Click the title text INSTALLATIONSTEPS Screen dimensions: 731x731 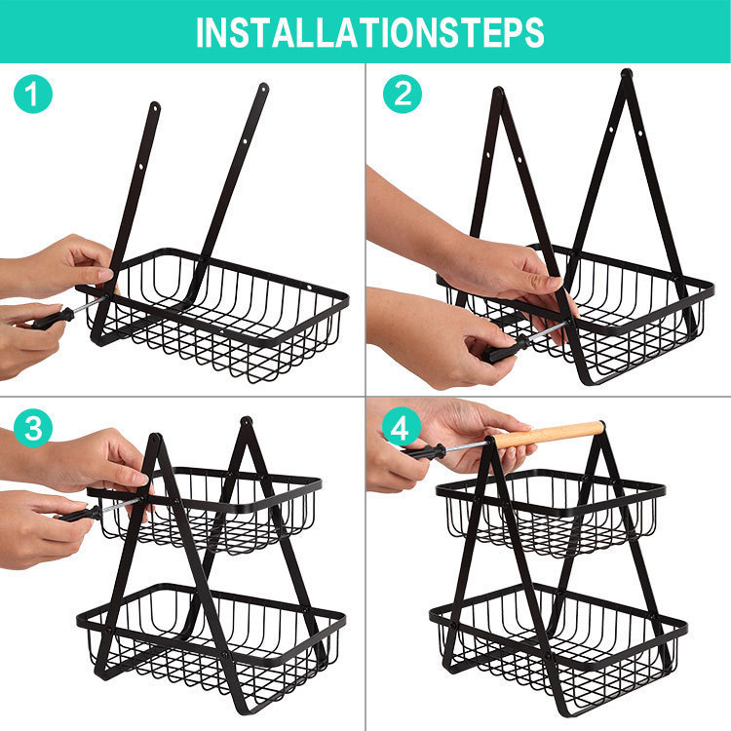click(x=369, y=32)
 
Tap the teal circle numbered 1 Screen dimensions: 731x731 click(x=32, y=95)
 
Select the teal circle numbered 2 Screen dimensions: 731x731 click(x=402, y=95)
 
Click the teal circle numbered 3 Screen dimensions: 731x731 click(x=32, y=428)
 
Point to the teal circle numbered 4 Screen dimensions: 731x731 click(x=402, y=428)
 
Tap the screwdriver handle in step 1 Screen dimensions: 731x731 click(x=46, y=317)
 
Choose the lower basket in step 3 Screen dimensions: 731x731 click(x=210, y=634)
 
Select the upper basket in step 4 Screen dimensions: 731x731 click(x=551, y=512)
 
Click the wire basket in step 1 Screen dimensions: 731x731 click(x=224, y=312)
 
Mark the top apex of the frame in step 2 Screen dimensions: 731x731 click(x=627, y=74)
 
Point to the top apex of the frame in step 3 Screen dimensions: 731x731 click(x=247, y=423)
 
